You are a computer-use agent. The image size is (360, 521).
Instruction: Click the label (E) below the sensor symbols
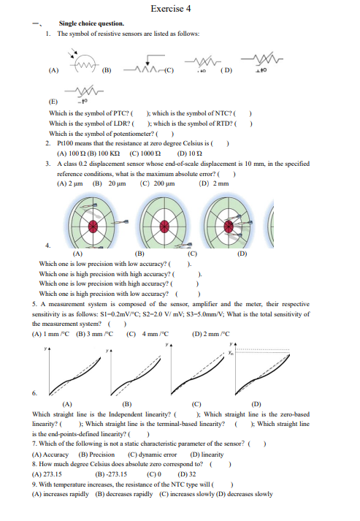53,103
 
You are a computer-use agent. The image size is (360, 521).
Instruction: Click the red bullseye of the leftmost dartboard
93,228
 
